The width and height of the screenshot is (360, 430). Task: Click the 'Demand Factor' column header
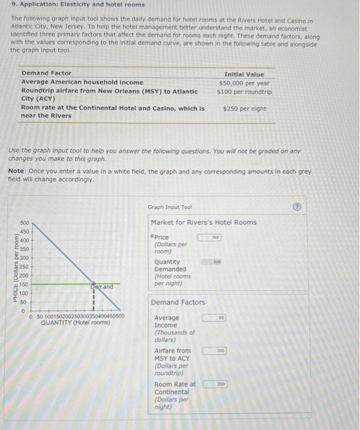(x=46, y=73)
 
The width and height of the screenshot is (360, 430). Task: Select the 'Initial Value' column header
(x=244, y=74)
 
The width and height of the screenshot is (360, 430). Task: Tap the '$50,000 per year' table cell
(x=244, y=82)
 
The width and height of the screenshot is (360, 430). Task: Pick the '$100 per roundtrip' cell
(x=244, y=92)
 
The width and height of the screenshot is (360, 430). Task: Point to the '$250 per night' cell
(x=245, y=109)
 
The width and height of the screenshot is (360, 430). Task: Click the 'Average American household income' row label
(x=82, y=82)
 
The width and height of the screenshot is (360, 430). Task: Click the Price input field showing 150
(x=209, y=237)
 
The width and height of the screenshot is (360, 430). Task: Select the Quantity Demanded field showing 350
(x=209, y=262)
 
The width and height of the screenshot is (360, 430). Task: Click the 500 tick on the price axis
(x=25, y=223)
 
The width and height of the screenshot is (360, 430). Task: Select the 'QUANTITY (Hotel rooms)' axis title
(x=76, y=322)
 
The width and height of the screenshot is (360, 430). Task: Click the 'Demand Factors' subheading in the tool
(x=178, y=302)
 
